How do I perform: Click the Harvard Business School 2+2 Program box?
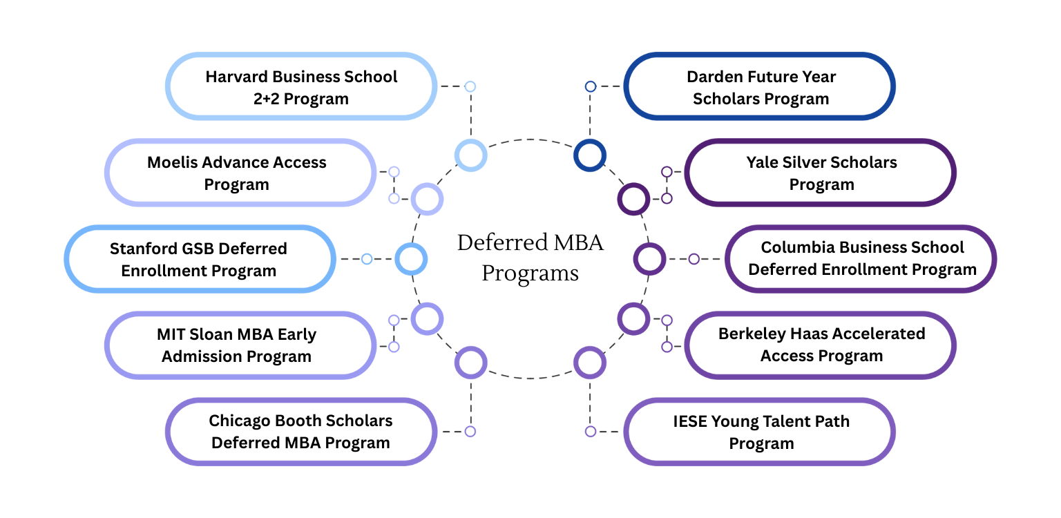pos(301,86)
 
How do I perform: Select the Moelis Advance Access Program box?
pos(237,173)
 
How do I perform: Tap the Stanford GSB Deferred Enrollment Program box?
pos(199,259)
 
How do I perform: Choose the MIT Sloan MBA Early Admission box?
pos(237,345)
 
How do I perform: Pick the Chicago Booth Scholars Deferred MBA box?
pos(301,432)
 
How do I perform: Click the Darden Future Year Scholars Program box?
pos(761,86)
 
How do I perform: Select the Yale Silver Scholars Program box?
pos(821,173)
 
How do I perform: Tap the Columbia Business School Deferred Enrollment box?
pos(861,258)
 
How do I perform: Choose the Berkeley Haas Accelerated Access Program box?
pos(821,345)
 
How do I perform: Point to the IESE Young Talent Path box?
pos(761,432)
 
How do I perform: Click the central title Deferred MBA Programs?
pos(530,258)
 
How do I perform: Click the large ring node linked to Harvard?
pos(471,155)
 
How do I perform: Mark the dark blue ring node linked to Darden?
pos(590,155)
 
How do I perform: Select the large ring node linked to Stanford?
pos(411,259)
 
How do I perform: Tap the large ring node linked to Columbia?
pos(649,259)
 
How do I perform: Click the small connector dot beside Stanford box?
pos(367,259)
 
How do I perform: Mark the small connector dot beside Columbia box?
pos(694,259)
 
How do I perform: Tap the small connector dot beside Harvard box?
pos(470,86)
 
